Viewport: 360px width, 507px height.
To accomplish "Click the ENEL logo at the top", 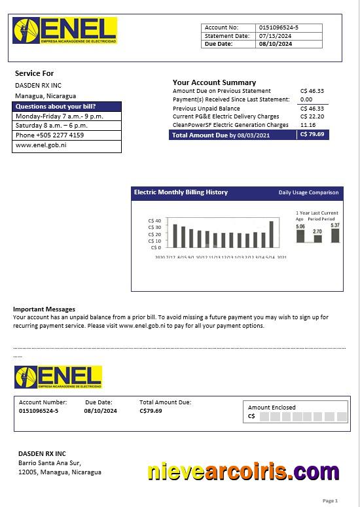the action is [65, 31].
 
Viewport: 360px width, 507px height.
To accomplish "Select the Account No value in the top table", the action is [279, 27].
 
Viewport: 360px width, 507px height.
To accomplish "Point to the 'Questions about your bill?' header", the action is [56, 106].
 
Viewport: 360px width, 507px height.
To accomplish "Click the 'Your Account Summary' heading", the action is [214, 82].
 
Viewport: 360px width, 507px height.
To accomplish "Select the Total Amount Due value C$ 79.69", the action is [312, 135].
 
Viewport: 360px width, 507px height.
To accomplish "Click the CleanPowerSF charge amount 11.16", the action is [308, 125].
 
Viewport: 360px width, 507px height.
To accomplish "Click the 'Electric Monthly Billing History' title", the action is [181, 192].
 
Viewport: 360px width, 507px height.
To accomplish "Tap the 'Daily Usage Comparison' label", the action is [308, 193].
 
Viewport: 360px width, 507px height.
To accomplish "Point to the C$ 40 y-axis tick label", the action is [154, 221].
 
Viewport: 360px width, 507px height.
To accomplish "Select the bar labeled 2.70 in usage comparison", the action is [317, 238].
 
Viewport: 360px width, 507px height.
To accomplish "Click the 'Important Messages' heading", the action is [44, 309].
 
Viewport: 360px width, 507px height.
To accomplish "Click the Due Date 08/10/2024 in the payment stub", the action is [100, 411].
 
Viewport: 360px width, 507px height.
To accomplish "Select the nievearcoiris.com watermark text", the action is [234, 471].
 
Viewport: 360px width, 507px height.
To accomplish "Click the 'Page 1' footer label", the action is [330, 500].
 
